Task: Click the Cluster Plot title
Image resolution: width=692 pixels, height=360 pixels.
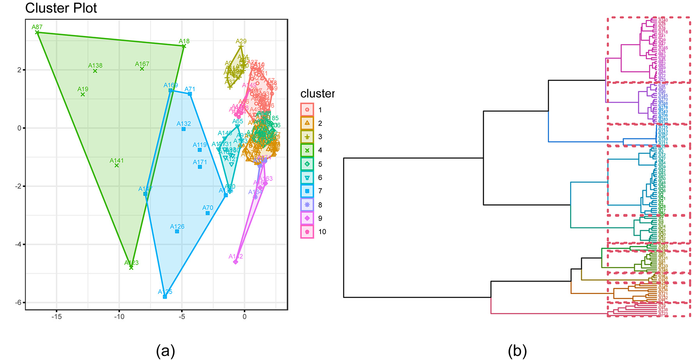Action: (x=61, y=8)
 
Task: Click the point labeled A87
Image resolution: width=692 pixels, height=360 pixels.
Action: (x=37, y=32)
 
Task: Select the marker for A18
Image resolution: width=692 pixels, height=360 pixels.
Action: (x=184, y=46)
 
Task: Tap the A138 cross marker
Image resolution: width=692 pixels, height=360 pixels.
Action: (x=95, y=71)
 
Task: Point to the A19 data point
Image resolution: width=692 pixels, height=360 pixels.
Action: (x=83, y=94)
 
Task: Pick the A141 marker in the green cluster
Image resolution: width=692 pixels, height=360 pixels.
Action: (x=116, y=166)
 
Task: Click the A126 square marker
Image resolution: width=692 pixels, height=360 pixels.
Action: (x=177, y=232)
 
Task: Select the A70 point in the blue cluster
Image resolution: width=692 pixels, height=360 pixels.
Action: (x=208, y=213)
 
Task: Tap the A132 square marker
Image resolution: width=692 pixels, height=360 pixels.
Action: (x=184, y=129)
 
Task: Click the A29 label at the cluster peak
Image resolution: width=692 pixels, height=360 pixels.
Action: (x=241, y=41)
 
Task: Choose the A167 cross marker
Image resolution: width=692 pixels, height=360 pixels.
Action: (x=142, y=69)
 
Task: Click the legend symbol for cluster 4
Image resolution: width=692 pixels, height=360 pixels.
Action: (x=307, y=150)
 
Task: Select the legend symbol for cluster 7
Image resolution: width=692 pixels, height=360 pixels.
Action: (x=307, y=191)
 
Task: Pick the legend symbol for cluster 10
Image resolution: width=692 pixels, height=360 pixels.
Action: (x=307, y=232)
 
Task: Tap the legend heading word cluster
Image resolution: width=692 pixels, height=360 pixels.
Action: (x=317, y=94)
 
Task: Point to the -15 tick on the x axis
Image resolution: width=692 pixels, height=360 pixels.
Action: (x=57, y=317)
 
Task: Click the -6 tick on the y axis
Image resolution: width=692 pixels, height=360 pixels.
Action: (x=18, y=303)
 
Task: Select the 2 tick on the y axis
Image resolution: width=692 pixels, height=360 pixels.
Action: (x=19, y=70)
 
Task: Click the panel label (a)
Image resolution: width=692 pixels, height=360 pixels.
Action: (x=165, y=351)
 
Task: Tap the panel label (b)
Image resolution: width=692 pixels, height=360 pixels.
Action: (x=517, y=351)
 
